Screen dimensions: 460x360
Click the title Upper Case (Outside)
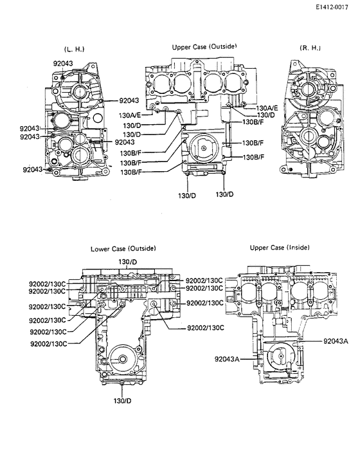pyautogui.click(x=204, y=47)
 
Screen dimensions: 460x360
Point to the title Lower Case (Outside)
pyautogui.click(x=123, y=248)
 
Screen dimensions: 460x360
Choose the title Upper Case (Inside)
pyautogui.click(x=278, y=248)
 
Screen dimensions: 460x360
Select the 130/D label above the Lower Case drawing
pyautogui.click(x=128, y=261)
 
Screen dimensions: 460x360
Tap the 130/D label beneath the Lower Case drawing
pyautogui.click(x=123, y=401)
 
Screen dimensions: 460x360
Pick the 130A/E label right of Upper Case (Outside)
pyautogui.click(x=267, y=108)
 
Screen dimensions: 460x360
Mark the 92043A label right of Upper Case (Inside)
pyautogui.click(x=336, y=340)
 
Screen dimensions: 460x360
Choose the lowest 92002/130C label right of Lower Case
pyautogui.click(x=205, y=328)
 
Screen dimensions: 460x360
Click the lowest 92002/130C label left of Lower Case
pyautogui.click(x=49, y=344)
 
